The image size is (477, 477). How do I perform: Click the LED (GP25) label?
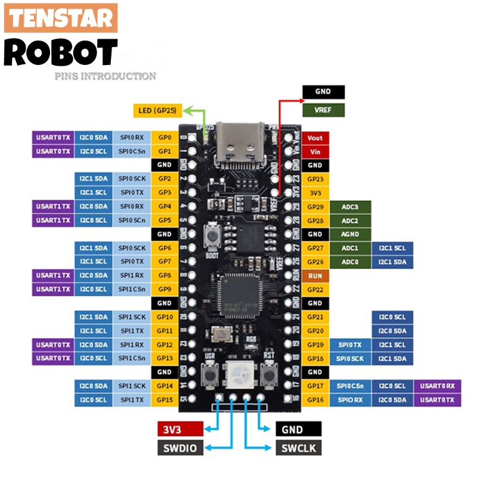point(158,110)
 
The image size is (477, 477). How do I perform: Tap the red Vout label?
point(315,138)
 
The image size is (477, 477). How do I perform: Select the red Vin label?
point(315,151)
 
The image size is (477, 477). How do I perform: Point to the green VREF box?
point(323,110)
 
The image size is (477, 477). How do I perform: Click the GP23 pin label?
point(315,179)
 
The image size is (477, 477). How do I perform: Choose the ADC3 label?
point(350,206)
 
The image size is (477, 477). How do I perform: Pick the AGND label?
point(350,234)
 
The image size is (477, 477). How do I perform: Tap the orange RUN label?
point(315,276)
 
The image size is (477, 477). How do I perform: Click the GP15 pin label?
point(165,399)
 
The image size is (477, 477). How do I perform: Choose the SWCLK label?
point(298,448)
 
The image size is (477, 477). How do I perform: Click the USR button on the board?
point(209,374)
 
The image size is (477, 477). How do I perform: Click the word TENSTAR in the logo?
point(61,18)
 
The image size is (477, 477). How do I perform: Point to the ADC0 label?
point(350,262)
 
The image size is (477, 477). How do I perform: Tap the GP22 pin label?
point(315,290)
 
